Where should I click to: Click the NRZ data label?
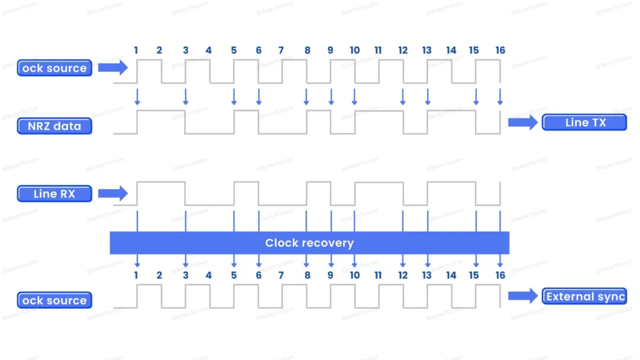point(54,126)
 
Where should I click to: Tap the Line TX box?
point(584,122)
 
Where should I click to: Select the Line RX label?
point(54,194)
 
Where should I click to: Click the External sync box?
point(584,296)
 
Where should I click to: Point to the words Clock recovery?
point(309,243)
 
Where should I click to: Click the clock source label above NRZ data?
point(54,68)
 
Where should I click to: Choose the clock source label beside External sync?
point(54,301)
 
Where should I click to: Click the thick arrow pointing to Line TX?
point(522,122)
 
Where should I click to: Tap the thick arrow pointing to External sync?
point(522,296)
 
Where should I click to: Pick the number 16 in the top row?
point(500,50)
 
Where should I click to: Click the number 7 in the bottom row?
point(281,275)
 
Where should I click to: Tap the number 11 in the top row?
point(378,50)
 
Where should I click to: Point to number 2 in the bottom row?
point(159,275)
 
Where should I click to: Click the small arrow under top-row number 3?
point(186,97)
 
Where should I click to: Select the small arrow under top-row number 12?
point(402,97)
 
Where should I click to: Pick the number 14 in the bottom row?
point(451,275)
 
